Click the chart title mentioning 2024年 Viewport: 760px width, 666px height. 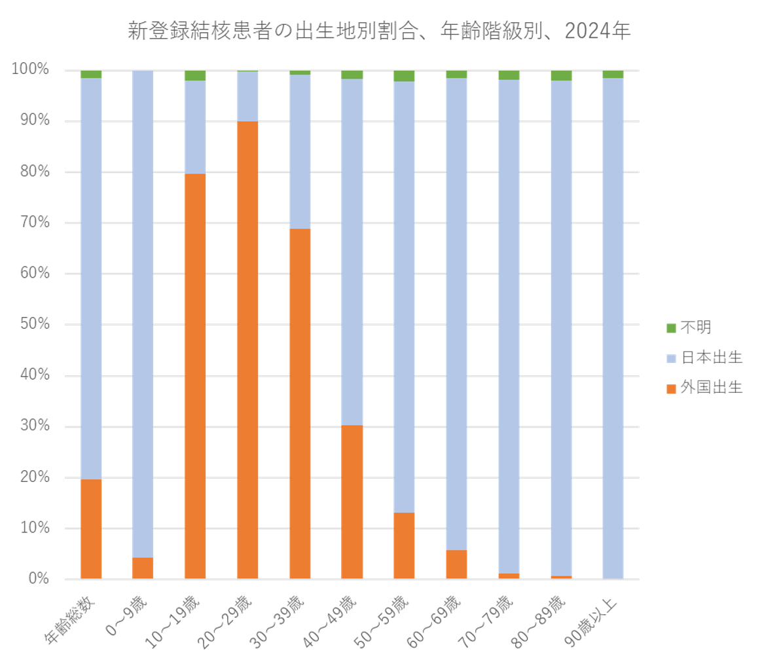(379, 31)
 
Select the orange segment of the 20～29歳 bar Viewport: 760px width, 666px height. (247, 350)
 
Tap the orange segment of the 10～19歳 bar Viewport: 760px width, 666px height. (195, 377)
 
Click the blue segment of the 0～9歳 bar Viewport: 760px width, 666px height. (143, 314)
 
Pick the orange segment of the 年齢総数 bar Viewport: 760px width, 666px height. (91, 529)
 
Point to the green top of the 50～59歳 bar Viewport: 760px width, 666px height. (404, 76)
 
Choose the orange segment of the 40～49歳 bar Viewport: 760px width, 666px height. (352, 502)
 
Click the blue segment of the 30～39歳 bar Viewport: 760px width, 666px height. (300, 152)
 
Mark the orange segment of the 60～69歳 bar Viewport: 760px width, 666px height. (456, 564)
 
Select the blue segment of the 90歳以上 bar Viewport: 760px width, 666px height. (613, 327)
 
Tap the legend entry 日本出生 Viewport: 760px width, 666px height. (704, 358)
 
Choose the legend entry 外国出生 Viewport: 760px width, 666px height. (704, 388)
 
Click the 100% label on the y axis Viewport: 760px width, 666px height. (30, 70)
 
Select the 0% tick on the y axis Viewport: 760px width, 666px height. (38, 580)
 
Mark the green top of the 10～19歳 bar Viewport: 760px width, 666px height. (195, 75)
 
